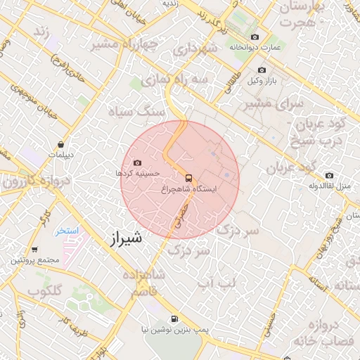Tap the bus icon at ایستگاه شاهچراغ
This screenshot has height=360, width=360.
pyautogui.click(x=188, y=177)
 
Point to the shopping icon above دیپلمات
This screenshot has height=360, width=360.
pyautogui.click(x=61, y=145)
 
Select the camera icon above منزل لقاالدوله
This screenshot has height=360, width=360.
pyautogui.click(x=329, y=176)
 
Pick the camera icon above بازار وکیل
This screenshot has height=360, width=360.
pyautogui.click(x=262, y=70)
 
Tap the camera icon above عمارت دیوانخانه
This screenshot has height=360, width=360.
pyautogui.click(x=255, y=37)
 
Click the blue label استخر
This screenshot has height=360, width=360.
pyautogui.click(x=67, y=230)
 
